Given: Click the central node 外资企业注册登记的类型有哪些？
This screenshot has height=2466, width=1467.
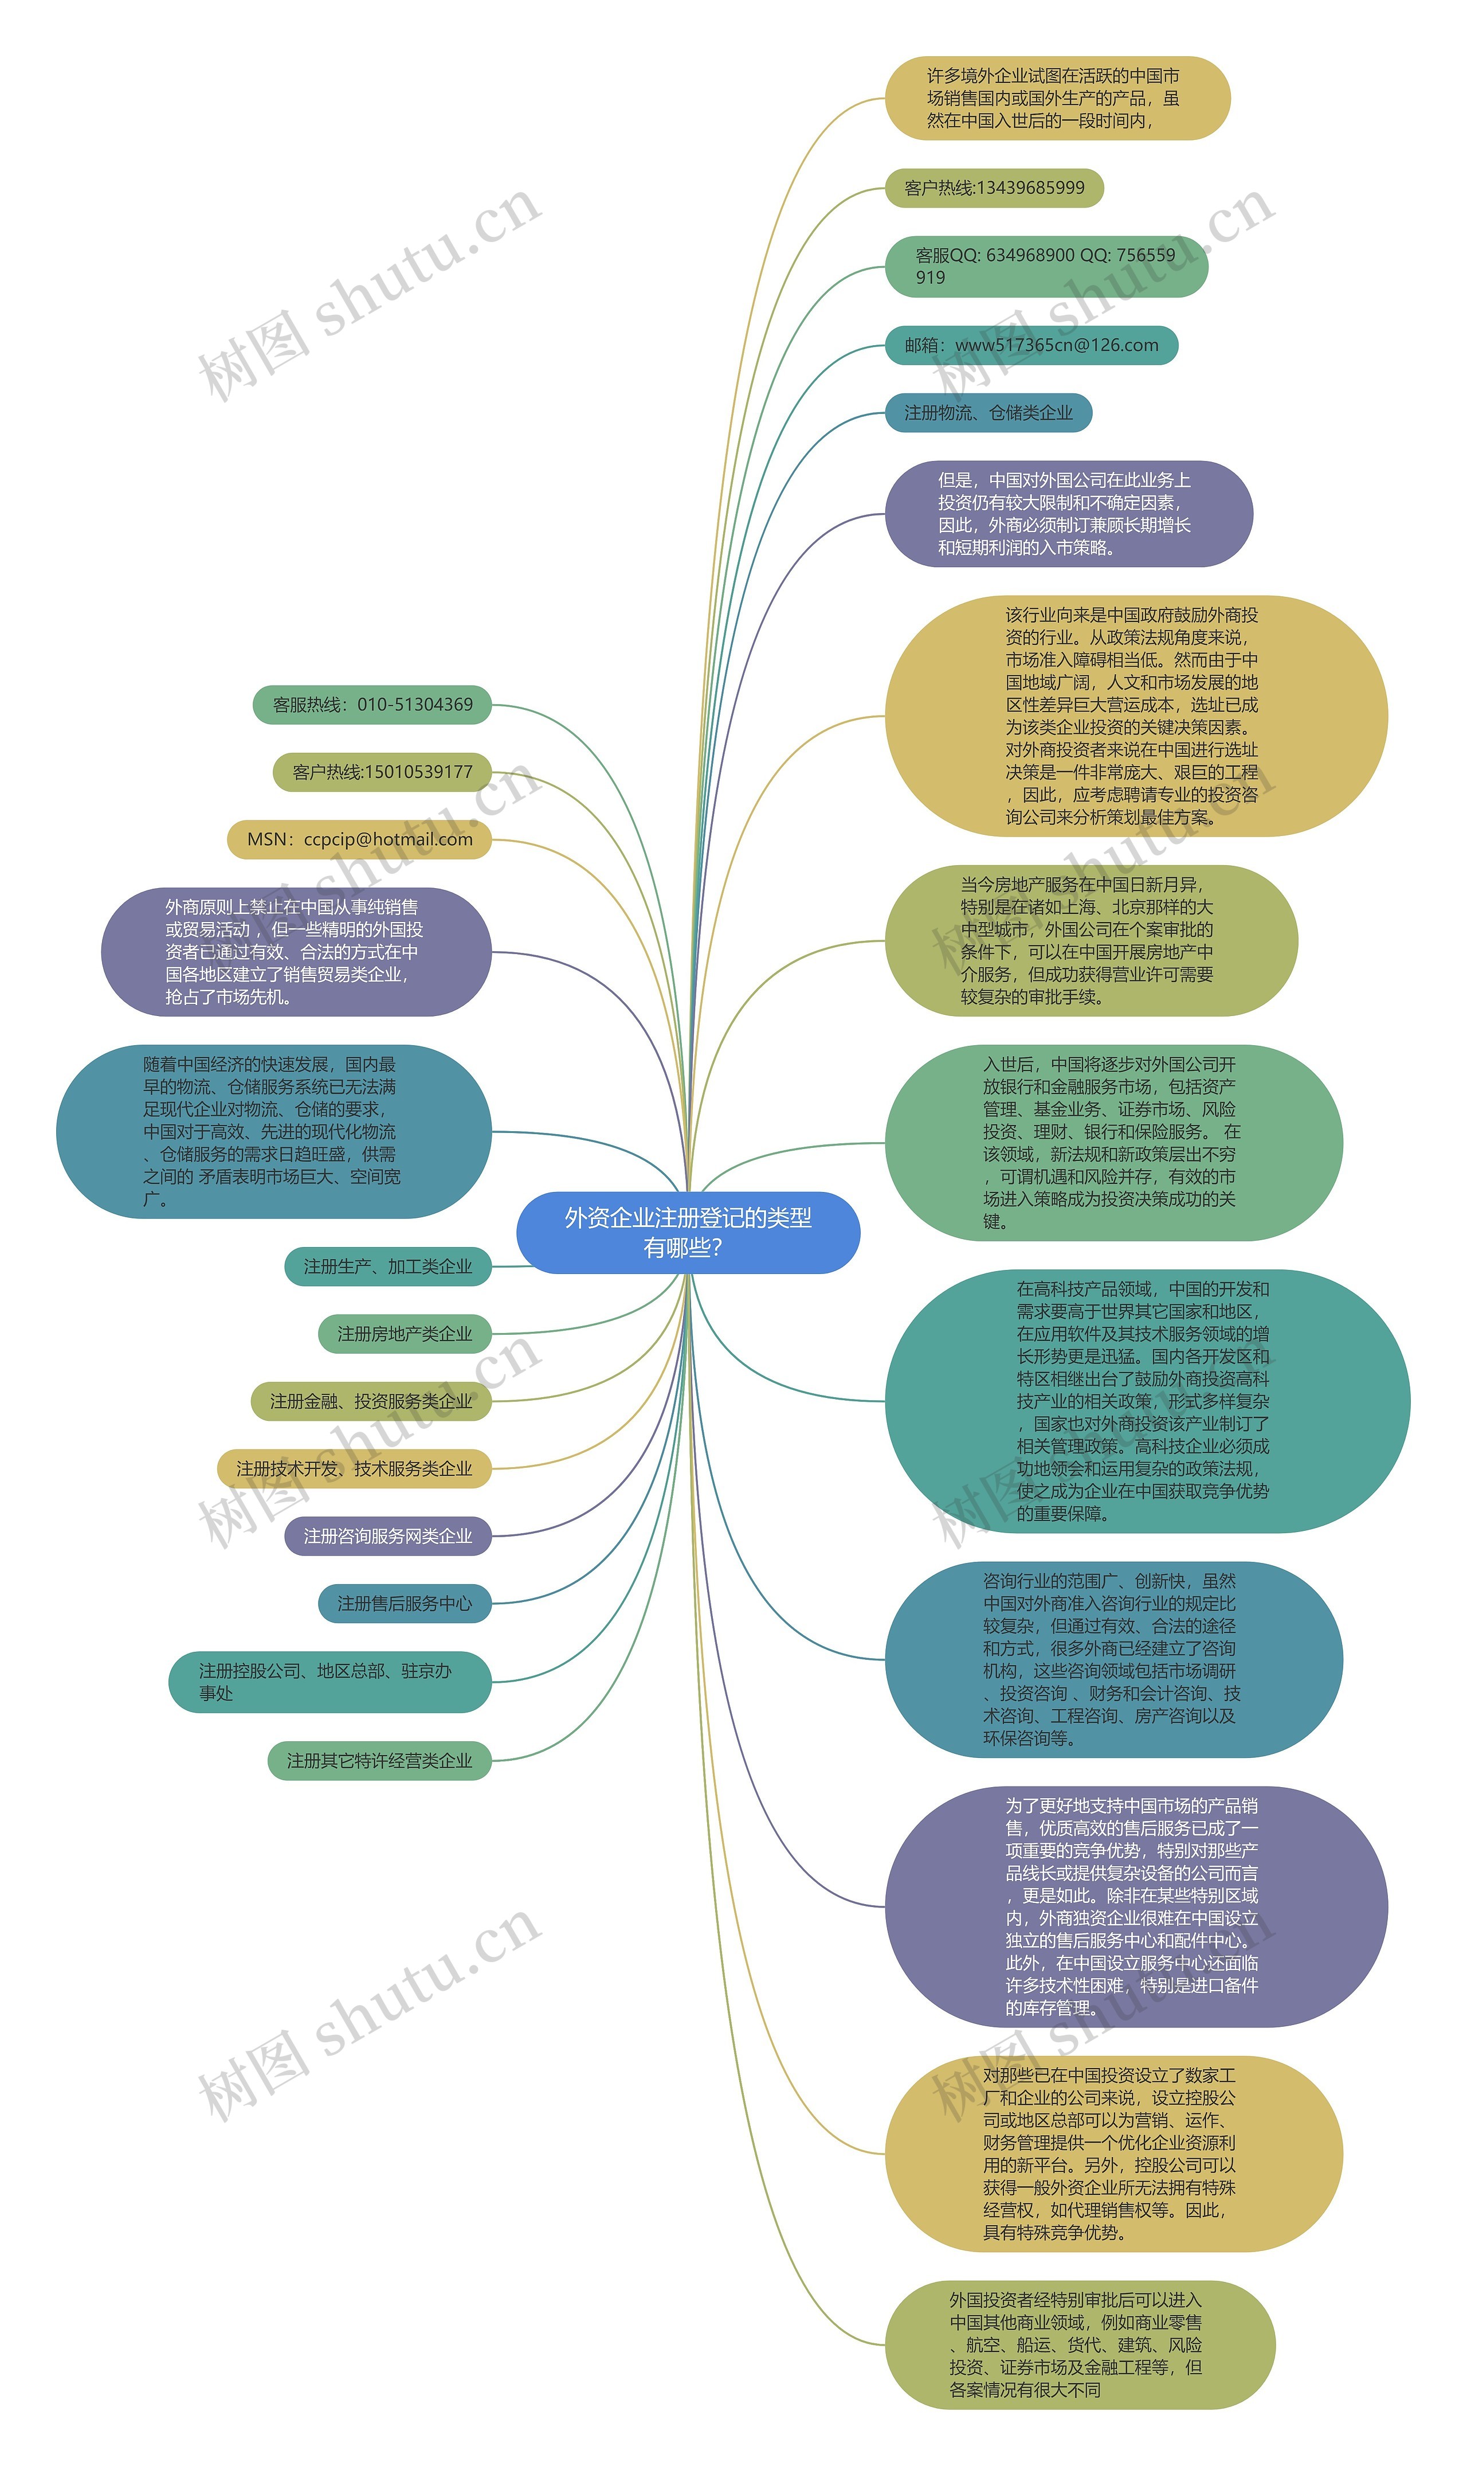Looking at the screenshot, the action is pos(688,1232).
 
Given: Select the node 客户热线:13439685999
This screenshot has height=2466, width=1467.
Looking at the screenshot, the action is pos(994,188).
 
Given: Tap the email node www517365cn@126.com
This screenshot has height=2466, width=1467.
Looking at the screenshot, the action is pos(1031,345).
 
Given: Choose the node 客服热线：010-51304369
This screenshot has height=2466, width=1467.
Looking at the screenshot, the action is pos(372,705).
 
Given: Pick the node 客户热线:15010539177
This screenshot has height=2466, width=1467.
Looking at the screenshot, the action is pos(383,772).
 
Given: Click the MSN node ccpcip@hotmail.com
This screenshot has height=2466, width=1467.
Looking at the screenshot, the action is pos(360,839).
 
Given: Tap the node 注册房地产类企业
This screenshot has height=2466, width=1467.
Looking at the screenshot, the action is pos(405,1334).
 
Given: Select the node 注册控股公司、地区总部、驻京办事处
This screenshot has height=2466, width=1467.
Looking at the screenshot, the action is pos(330,1682).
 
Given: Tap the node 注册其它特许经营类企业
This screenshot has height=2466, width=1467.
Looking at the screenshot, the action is pos(379,1761).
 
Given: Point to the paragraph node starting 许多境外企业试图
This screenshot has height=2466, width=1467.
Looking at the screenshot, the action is pos(1058,98).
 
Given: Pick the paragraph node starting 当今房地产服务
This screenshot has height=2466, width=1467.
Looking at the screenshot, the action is pos(1091,940).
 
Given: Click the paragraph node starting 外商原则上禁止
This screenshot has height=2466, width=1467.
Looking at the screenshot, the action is pos(297,951).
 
